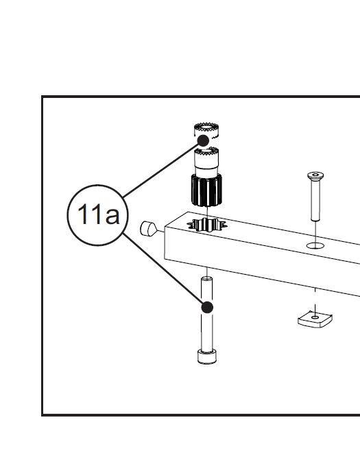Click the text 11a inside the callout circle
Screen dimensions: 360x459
click(x=99, y=214)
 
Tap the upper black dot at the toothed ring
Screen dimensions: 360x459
click(x=203, y=141)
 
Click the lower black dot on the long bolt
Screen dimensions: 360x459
click(x=207, y=308)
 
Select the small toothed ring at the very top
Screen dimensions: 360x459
click(x=206, y=129)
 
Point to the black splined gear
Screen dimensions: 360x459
click(x=206, y=190)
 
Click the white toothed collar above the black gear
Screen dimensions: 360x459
click(x=206, y=159)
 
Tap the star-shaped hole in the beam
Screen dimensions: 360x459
click(x=207, y=225)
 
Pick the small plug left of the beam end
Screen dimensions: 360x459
click(x=149, y=229)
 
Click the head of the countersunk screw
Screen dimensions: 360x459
click(x=315, y=175)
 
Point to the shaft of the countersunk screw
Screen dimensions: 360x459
click(x=315, y=199)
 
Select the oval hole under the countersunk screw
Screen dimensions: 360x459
click(x=315, y=245)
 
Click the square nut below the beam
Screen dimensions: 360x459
click(x=315, y=319)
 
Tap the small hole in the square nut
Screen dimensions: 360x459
click(x=315, y=317)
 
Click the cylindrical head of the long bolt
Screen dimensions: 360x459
click(x=207, y=356)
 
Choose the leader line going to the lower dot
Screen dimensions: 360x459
click(x=163, y=269)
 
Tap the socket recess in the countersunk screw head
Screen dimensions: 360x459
click(x=315, y=175)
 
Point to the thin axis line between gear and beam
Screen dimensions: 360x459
click(x=207, y=212)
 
